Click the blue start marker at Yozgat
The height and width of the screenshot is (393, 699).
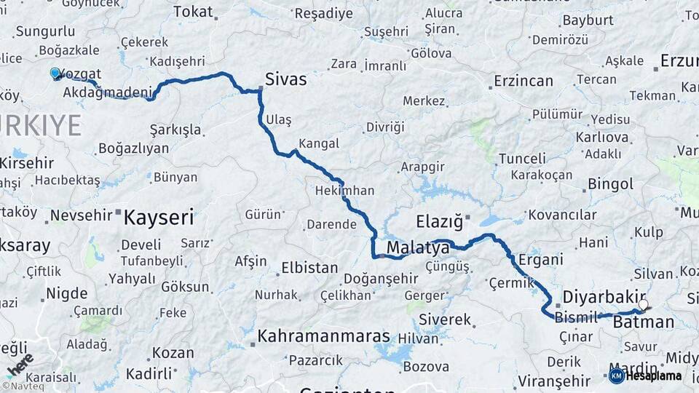[x=55, y=73]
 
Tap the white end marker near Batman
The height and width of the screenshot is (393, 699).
[x=643, y=304]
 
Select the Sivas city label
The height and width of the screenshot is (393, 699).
[x=285, y=79]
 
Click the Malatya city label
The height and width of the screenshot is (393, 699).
[x=418, y=248]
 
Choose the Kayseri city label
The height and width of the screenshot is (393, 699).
[x=159, y=217]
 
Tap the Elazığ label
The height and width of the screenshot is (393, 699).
[x=439, y=221]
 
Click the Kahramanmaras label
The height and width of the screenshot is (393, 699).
[x=324, y=338]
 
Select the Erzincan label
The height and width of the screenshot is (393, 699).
[x=524, y=81]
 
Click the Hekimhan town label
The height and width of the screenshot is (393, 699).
[x=345, y=191]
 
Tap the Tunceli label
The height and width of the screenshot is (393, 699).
[x=522, y=159]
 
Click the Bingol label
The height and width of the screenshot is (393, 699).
[x=610, y=184]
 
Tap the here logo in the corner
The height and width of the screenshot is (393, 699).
[x=22, y=364]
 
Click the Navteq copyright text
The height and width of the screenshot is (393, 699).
[x=25, y=386]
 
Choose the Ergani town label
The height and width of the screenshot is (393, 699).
[x=540, y=260]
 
